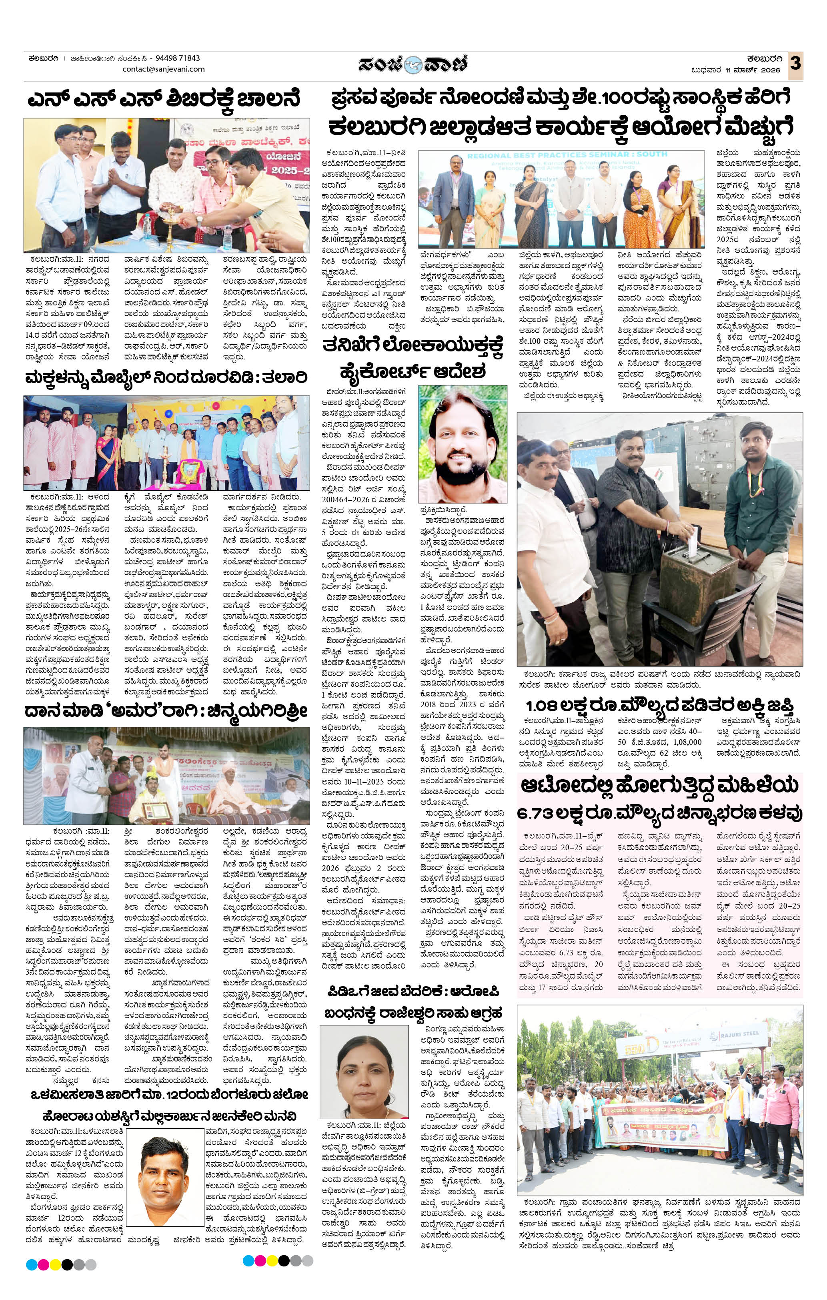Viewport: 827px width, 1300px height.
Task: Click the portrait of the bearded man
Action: [x=463, y=444]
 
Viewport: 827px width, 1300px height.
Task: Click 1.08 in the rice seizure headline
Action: [x=546, y=706]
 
